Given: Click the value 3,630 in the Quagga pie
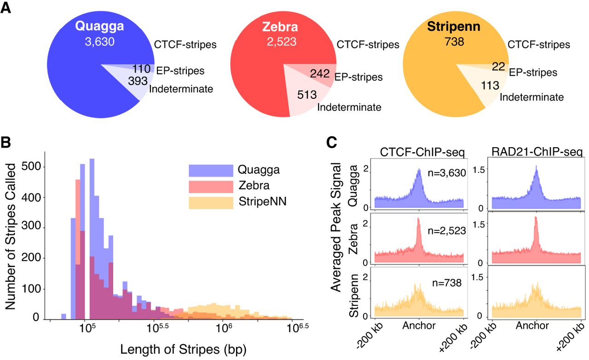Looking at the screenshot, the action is (100, 42).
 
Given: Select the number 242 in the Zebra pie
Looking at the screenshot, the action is (320, 74).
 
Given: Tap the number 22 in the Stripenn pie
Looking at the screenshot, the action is (498, 67).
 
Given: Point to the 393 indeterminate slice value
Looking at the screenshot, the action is (138, 81).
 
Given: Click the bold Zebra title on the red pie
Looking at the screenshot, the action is (280, 27).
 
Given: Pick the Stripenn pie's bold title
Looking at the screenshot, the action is (454, 27).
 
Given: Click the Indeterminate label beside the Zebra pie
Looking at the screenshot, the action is (349, 107).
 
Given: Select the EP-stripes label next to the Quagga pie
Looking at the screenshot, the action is (180, 71).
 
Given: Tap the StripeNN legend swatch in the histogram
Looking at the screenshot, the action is (211, 203).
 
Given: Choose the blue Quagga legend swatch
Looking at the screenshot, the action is (211, 171).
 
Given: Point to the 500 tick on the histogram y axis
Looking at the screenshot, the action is (31, 166).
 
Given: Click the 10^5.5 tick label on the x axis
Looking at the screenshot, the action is (157, 328).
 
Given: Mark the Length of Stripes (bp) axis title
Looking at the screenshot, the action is (183, 349).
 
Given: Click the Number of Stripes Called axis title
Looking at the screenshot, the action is (11, 236).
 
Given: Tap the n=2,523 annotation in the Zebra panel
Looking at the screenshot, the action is (447, 231).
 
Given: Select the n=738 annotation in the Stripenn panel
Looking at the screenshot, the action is (447, 283).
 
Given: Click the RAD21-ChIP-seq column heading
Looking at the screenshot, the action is (537, 152).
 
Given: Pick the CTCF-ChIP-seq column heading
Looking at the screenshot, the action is (422, 152).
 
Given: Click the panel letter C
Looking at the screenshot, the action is (332, 143).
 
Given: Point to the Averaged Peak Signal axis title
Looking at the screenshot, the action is (336, 227).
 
